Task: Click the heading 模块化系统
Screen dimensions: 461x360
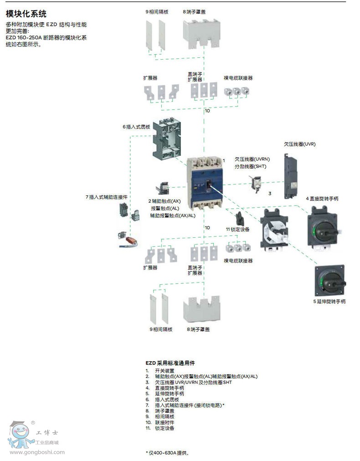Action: [x=26, y=14]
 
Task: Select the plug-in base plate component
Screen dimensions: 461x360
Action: [x=167, y=139]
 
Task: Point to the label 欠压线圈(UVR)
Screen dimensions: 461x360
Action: [x=299, y=144]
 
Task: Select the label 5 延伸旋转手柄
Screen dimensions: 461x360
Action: [x=329, y=302]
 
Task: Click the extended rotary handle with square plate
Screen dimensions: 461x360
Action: [x=329, y=280]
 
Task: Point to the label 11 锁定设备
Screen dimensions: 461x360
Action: [x=237, y=229]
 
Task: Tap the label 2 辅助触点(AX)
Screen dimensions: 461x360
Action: [x=164, y=201]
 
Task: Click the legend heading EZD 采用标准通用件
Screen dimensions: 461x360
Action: [x=170, y=363]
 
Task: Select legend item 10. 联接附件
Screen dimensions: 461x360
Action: [x=159, y=422]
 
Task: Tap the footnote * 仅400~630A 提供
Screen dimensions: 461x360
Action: [x=167, y=453]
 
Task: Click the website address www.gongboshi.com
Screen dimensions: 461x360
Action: [x=37, y=452]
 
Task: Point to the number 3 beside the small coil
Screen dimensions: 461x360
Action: [x=269, y=194]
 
